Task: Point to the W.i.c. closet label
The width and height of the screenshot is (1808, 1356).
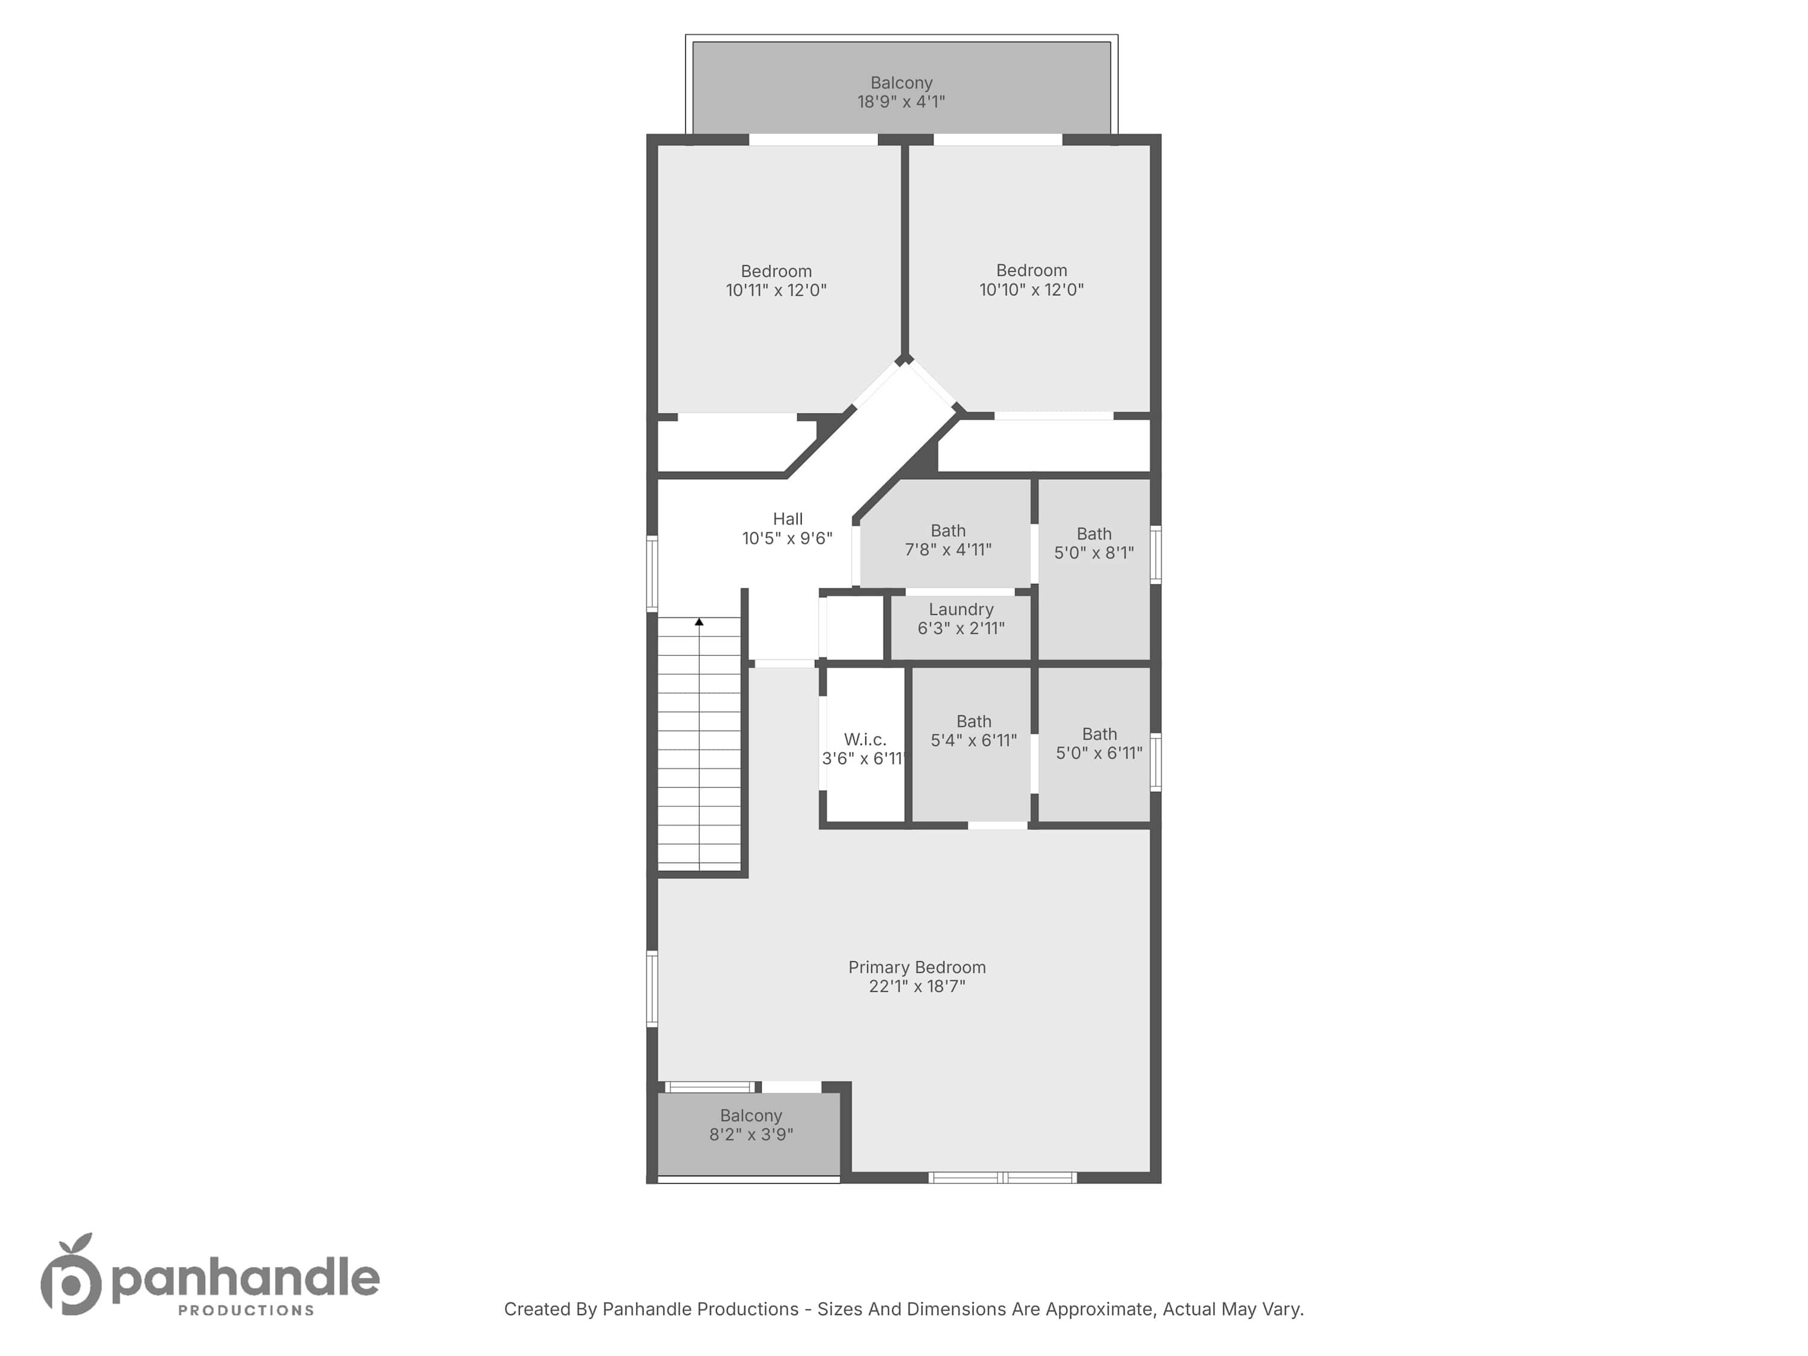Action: [865, 739]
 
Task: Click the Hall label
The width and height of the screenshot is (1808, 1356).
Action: [788, 519]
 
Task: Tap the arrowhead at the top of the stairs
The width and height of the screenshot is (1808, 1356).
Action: [699, 622]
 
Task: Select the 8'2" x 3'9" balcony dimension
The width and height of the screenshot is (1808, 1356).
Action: [751, 1134]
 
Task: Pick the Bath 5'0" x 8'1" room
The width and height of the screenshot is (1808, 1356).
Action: [1094, 569]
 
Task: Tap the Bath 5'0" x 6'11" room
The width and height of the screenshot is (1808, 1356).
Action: [1094, 744]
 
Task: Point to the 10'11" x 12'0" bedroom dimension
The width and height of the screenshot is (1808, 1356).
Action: [776, 290]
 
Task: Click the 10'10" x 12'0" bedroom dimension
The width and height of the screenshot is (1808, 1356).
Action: [1032, 289]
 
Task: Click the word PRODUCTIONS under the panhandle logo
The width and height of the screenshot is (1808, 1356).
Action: [246, 1311]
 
